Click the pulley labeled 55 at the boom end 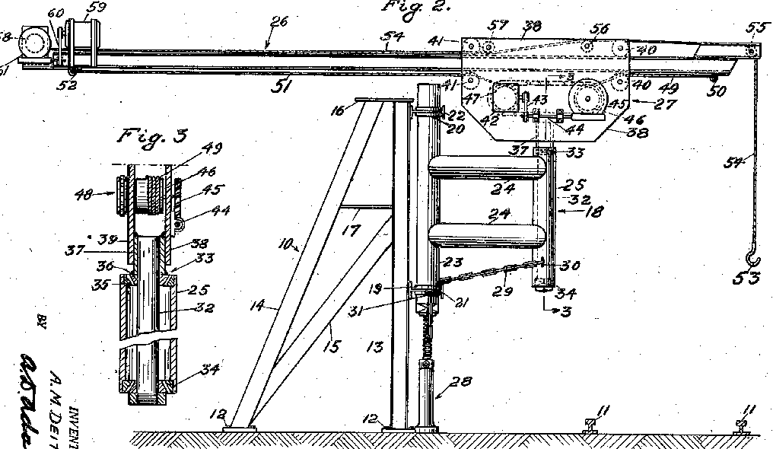(x=752, y=51)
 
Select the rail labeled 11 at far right (x=740, y=429)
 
